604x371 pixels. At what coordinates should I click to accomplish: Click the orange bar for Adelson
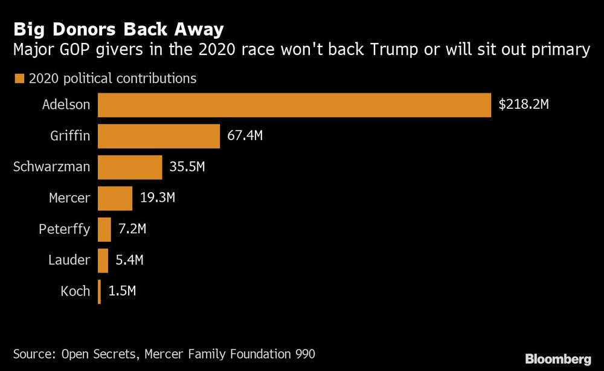pos(294,105)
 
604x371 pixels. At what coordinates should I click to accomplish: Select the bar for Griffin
pos(159,136)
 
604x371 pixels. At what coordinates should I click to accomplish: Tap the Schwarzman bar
pos(130,167)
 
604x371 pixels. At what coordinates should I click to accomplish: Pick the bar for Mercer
pos(115,198)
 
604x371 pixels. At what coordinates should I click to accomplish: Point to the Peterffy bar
pos(104,229)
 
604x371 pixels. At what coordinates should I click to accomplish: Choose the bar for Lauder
pos(103,260)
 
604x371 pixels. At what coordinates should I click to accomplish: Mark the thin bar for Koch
pos(99,291)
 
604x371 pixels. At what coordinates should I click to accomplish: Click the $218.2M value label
pos(523,105)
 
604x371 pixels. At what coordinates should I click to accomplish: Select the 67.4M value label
pos(245,136)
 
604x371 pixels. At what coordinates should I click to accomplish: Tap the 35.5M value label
pos(187,167)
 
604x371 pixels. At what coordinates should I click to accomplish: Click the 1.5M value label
pos(122,291)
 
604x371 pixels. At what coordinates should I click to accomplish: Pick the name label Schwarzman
pos(51,167)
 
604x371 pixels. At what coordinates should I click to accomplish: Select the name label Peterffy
pos(64,229)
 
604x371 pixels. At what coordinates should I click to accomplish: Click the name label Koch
pos(75,291)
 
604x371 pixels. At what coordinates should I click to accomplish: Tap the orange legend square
pos(18,79)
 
